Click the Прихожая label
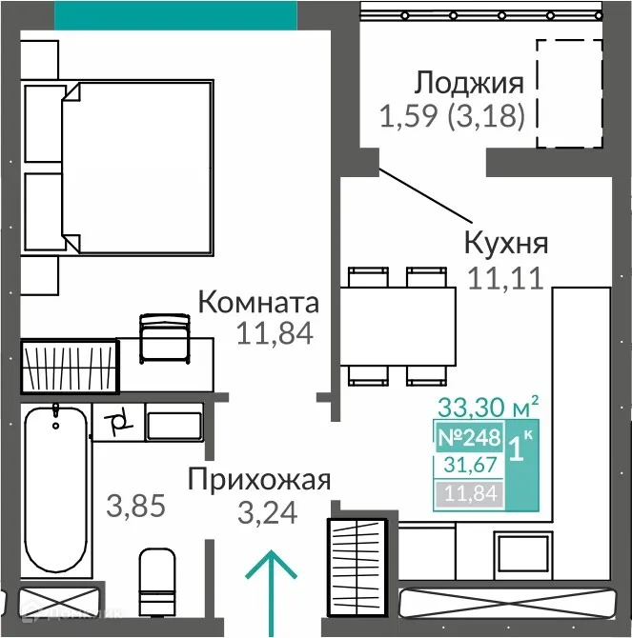(258, 479)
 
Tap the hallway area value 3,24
(266, 513)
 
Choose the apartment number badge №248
(468, 439)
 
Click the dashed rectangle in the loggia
(568, 93)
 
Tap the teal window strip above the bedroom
(176, 14)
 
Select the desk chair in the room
(165, 338)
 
